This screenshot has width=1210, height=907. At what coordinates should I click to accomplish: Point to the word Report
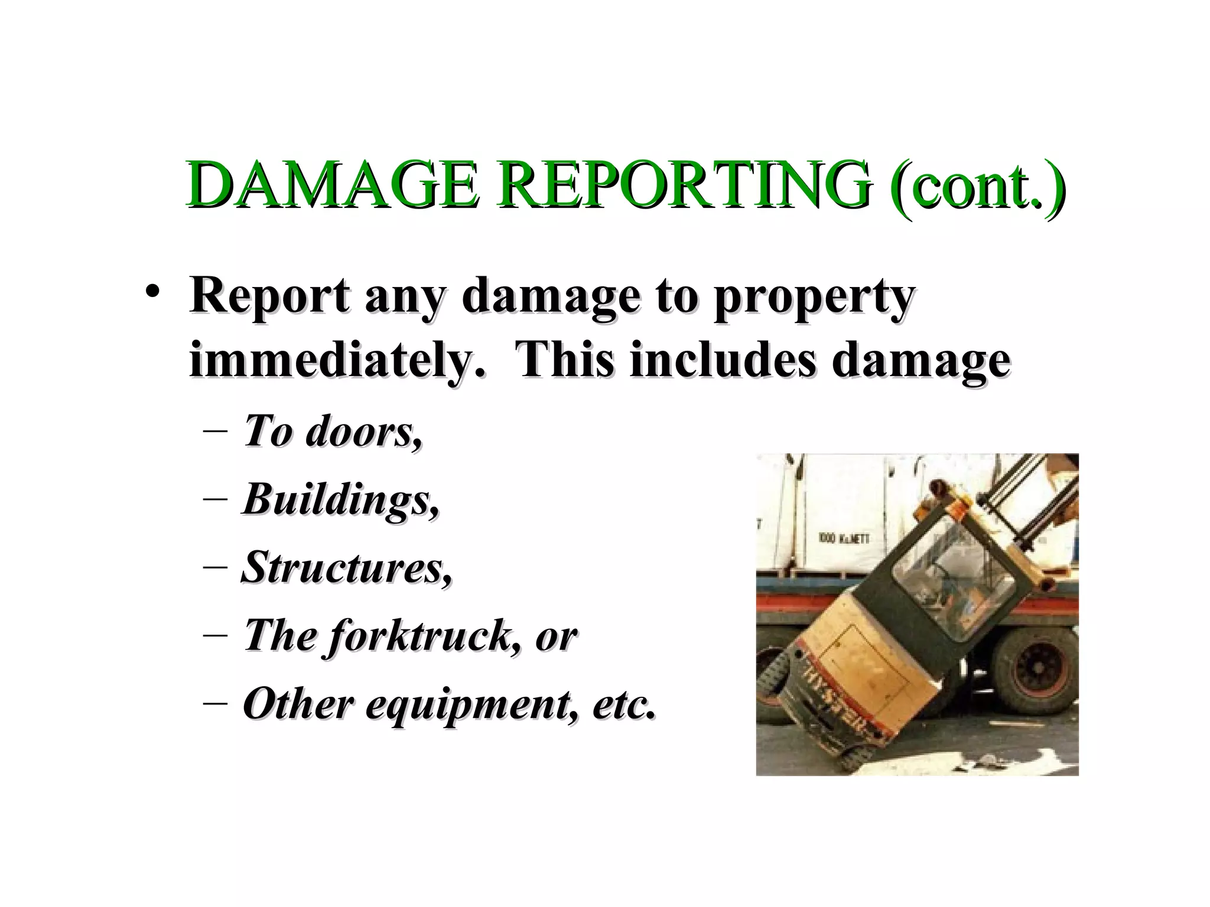269,296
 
